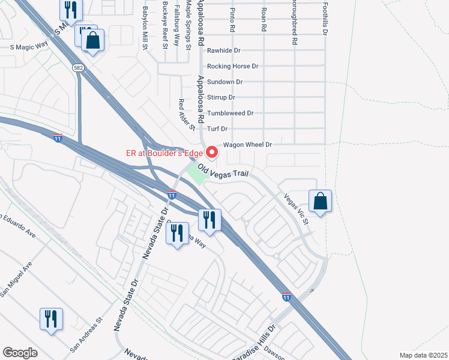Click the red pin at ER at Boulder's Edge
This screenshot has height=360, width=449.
[211, 152]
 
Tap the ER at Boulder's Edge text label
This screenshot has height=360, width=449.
[163, 152]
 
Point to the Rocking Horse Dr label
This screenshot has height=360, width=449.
[232, 67]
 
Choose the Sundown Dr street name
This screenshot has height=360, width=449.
[224, 82]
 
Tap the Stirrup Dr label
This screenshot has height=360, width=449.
[221, 97]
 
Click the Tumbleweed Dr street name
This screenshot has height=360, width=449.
[231, 113]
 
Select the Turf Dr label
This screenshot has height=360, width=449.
[217, 129]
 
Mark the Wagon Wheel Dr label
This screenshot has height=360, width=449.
[248, 145]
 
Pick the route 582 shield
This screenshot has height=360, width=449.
[79, 68]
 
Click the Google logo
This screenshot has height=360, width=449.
[20, 352]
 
